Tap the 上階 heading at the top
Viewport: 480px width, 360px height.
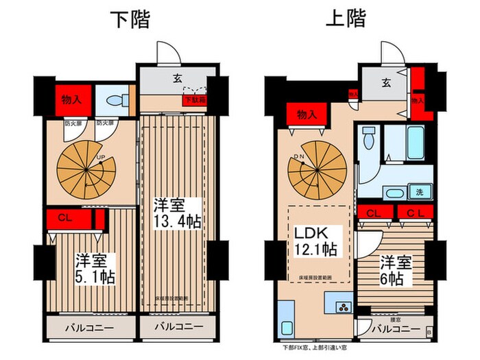[x=347, y=21]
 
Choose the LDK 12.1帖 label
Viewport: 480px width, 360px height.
[x=315, y=241]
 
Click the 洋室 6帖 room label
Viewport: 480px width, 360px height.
[x=392, y=271]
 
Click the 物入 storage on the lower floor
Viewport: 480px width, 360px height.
[x=69, y=99]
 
